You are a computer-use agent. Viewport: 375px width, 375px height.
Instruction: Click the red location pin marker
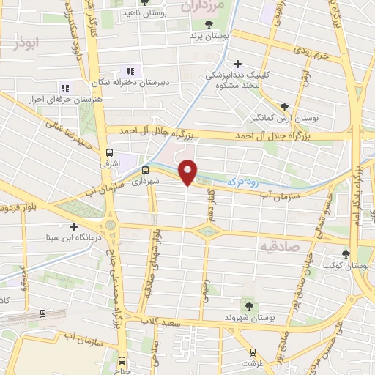[x=188, y=171]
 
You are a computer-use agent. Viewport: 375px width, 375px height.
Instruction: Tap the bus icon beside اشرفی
[x=109, y=153]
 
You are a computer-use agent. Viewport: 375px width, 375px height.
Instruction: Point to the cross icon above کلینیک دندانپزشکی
[x=237, y=64]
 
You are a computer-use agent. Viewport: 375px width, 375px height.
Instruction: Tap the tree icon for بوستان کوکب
[x=346, y=254]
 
